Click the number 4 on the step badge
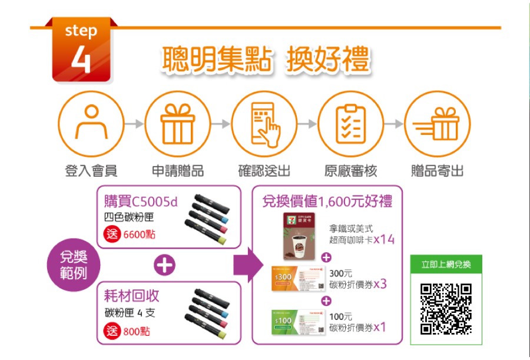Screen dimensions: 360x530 (x=81, y=60)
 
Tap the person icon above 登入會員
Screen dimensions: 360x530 (x=91, y=124)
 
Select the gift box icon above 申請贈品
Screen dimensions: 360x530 (x=177, y=124)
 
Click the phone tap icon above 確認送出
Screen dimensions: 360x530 (x=264, y=124)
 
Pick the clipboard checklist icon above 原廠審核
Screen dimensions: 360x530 (x=350, y=124)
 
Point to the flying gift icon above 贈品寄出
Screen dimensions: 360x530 (x=437, y=124)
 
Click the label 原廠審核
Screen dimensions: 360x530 (x=350, y=171)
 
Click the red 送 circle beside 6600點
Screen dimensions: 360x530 (x=111, y=234)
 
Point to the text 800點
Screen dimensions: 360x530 (x=137, y=331)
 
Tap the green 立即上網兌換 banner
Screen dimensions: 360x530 (x=446, y=265)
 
